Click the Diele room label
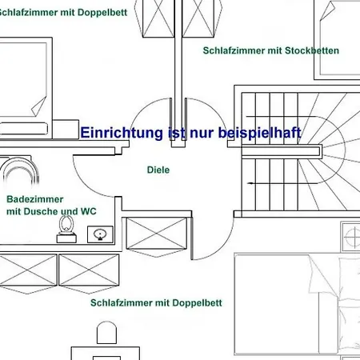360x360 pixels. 158,170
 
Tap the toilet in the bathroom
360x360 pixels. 66,229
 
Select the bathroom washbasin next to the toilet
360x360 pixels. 100,234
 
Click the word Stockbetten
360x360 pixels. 312,50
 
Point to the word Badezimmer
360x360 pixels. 35,199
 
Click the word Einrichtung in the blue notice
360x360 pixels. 122,133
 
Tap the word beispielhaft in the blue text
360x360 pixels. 260,133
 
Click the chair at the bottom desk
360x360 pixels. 106,333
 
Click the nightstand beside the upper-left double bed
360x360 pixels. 66,130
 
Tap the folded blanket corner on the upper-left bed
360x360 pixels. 39,106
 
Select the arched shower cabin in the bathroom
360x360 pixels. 19,170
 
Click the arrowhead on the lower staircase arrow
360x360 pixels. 250,183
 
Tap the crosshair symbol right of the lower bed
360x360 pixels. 352,237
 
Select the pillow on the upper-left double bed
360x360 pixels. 23,129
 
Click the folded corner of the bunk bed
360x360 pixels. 327,10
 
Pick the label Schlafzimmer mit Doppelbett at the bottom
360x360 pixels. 156,303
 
